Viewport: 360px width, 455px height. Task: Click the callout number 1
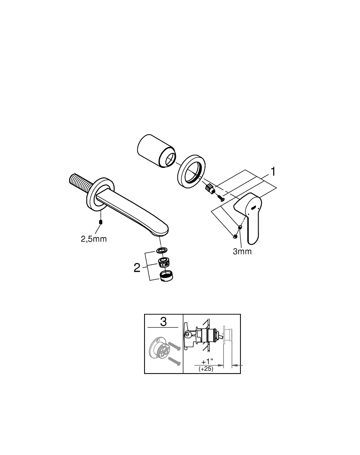tap(273, 172)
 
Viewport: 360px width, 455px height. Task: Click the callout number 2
tap(137, 268)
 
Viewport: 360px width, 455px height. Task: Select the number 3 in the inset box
tap(163, 322)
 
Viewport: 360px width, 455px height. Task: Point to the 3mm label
tap(242, 251)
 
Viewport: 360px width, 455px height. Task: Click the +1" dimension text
tap(207, 361)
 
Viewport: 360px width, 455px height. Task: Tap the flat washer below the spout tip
tap(162, 251)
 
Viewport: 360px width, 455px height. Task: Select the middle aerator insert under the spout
tap(164, 262)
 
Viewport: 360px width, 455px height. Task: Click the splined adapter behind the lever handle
tap(210, 190)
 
